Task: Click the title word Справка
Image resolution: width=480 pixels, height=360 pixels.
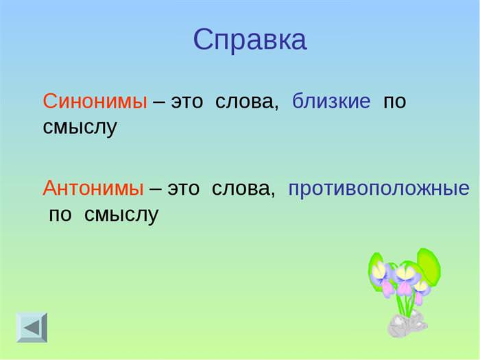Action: [x=250, y=40]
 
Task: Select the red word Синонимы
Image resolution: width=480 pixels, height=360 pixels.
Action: [x=95, y=101]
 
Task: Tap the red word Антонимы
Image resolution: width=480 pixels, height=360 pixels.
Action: [x=93, y=188]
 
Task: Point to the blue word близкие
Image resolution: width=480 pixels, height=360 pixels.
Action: [x=331, y=100]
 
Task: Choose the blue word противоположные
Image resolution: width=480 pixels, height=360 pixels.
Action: [x=379, y=189]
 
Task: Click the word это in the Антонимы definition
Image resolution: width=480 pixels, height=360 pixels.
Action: [x=183, y=189]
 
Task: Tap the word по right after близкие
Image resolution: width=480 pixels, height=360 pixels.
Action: [x=394, y=102]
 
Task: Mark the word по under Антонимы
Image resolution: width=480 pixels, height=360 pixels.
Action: [x=60, y=215]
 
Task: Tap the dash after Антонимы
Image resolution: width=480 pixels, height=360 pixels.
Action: [x=156, y=189]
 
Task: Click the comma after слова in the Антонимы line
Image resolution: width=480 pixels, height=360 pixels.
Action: [x=273, y=195]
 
